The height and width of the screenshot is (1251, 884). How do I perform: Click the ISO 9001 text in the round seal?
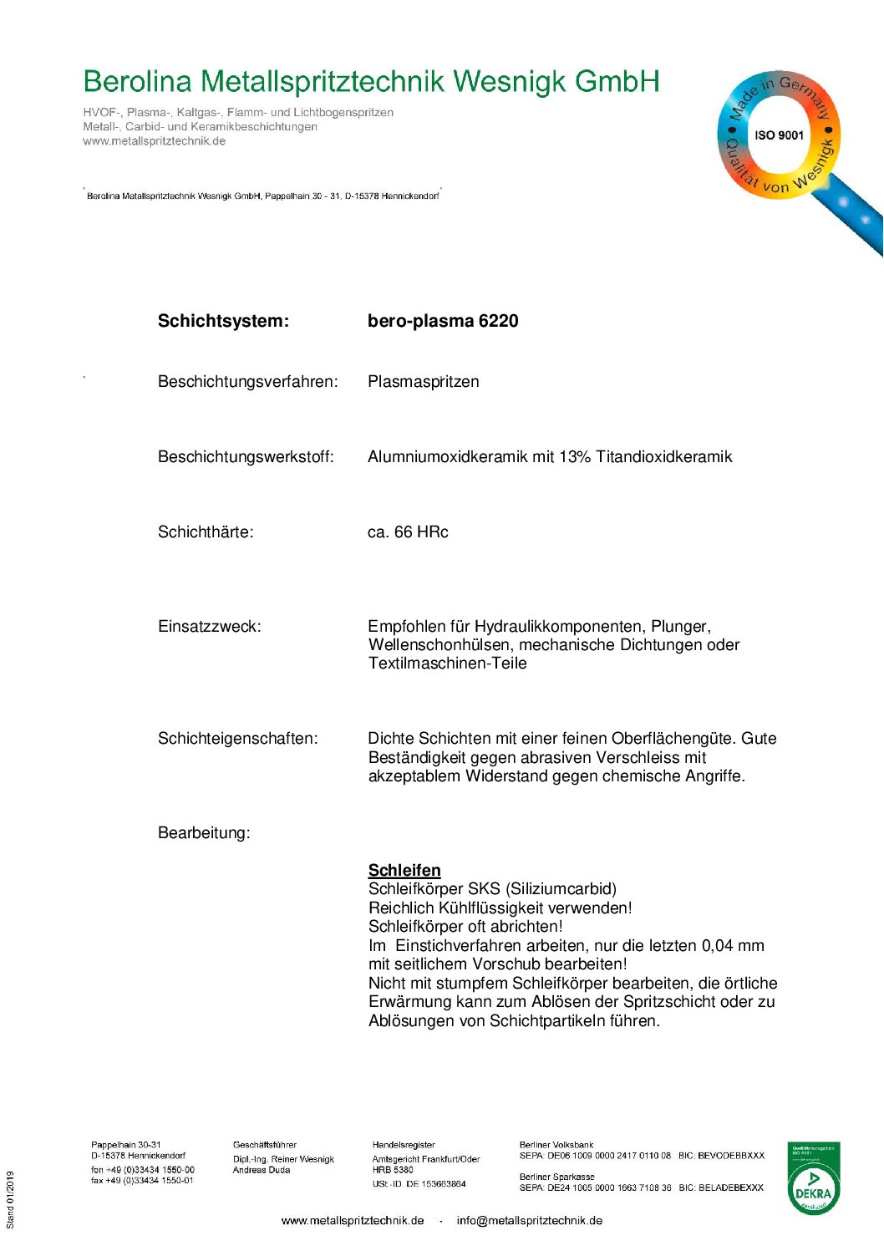[x=779, y=135]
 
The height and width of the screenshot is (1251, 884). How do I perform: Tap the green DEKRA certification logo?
[x=813, y=1178]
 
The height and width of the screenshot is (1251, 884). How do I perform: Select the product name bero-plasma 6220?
[x=443, y=321]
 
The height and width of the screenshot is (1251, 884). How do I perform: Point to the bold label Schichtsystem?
[x=223, y=321]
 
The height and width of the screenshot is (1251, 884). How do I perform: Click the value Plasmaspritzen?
[x=423, y=382]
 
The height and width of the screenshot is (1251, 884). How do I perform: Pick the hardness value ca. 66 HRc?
[x=408, y=532]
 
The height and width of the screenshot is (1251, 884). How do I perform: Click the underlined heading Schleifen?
[x=404, y=870]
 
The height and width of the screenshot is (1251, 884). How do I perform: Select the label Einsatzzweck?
[x=209, y=627]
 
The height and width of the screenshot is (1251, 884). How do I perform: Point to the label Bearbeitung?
[x=204, y=833]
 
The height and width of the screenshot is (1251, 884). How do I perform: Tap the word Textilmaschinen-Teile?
[x=448, y=664]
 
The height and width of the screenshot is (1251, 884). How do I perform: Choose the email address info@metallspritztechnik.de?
[x=529, y=1221]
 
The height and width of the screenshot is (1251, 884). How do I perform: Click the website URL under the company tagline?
[x=154, y=141]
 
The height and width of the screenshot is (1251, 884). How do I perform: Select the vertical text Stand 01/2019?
[x=11, y=1200]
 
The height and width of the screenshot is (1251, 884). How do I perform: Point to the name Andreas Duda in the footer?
[x=262, y=1170]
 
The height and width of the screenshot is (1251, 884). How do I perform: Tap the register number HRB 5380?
[x=393, y=1170]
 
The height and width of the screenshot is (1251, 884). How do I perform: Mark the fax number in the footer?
[x=142, y=1181]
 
